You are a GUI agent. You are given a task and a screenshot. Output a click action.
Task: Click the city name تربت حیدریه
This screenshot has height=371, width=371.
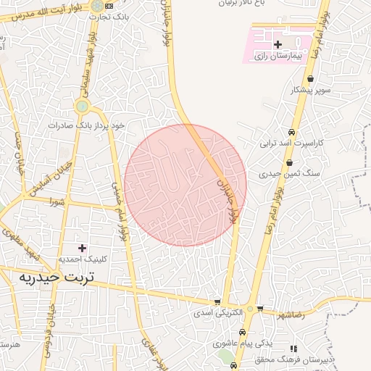[x=47, y=278]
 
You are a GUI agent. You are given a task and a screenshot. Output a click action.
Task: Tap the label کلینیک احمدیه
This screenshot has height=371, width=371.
[x=82, y=259]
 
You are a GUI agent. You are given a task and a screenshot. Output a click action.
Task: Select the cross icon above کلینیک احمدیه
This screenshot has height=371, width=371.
[x=81, y=248]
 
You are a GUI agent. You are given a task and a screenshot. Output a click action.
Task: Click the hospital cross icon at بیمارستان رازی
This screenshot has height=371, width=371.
[x=278, y=45]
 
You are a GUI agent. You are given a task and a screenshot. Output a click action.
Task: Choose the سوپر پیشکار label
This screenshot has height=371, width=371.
[x=310, y=91]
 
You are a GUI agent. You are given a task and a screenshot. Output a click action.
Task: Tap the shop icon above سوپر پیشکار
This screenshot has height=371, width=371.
[x=310, y=79]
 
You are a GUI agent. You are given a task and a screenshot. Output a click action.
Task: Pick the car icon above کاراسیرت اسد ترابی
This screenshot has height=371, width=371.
[x=291, y=133]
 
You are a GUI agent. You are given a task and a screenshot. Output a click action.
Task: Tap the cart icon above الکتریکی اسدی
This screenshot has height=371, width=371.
[x=216, y=301]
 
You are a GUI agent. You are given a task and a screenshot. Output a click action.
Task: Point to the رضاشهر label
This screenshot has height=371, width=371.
[x=290, y=314]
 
